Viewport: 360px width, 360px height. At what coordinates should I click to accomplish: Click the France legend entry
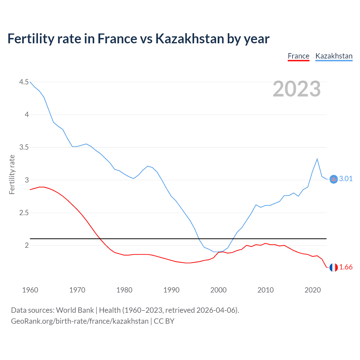(x=298, y=56)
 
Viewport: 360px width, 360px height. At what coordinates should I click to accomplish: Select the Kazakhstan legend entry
(x=334, y=56)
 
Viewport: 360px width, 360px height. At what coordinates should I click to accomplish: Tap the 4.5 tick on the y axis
(x=24, y=82)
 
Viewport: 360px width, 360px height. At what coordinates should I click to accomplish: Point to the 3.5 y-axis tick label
(x=24, y=147)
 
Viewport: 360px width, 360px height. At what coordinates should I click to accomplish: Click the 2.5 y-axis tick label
(x=24, y=213)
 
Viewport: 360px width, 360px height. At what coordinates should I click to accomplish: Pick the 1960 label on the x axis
(x=30, y=290)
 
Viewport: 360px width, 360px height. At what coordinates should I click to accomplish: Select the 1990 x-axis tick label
(x=171, y=290)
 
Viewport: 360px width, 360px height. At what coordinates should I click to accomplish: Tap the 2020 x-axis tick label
(x=312, y=290)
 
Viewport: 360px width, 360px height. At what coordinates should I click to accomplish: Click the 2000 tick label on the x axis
(x=218, y=290)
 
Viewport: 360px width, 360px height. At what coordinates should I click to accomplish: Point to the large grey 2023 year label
(x=297, y=89)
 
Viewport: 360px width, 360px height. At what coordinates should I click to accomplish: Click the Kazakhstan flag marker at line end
(x=334, y=179)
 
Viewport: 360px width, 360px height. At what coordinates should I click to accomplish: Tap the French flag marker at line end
(x=334, y=267)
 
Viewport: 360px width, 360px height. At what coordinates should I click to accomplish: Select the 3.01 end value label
(x=346, y=179)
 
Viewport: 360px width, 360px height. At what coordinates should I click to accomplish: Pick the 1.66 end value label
(x=346, y=267)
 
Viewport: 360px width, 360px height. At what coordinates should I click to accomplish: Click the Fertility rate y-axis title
(x=12, y=175)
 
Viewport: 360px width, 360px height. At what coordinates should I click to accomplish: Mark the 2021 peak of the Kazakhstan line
(x=317, y=159)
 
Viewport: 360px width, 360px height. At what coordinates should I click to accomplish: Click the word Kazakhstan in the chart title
(x=190, y=39)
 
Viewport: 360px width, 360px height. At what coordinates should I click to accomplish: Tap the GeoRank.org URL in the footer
(x=80, y=321)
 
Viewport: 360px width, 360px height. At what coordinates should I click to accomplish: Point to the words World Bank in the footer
(x=75, y=310)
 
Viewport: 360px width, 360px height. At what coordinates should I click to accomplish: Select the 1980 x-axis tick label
(x=124, y=290)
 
